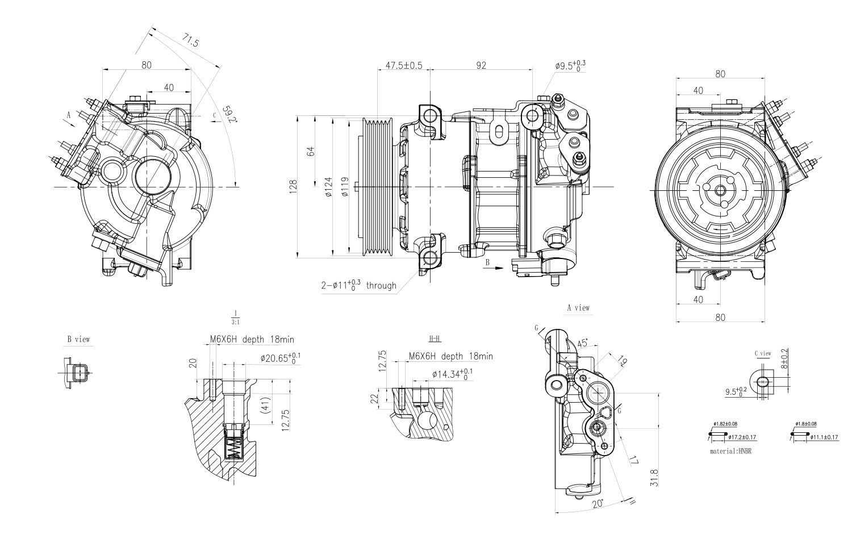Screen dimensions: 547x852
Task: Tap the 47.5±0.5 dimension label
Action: [x=404, y=65]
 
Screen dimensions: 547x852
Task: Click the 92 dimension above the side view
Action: [x=481, y=65]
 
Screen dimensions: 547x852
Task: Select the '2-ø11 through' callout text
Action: [x=358, y=285]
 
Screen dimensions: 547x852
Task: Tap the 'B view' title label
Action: [x=78, y=340]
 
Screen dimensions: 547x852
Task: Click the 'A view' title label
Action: [x=578, y=308]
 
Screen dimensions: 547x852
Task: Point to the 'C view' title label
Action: [x=763, y=353]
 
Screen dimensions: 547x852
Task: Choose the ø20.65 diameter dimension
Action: [x=281, y=358]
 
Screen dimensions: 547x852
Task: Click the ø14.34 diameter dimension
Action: [x=452, y=374]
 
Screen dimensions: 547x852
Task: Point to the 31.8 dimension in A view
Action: [x=655, y=477]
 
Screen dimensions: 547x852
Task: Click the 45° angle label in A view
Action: [x=583, y=344]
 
